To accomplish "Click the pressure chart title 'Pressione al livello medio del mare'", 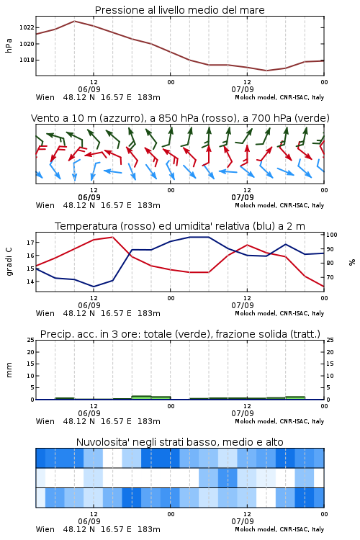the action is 179,10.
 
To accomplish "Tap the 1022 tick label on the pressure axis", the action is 27,27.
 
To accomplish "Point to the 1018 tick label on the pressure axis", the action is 27,60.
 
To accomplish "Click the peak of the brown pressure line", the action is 74,21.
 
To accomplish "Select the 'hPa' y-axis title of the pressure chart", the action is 9,45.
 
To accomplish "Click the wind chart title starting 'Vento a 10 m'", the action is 180,118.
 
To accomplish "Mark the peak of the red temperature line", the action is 112,237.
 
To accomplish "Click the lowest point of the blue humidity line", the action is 94,287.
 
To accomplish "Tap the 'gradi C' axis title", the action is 9,262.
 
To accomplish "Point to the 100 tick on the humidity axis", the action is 332,235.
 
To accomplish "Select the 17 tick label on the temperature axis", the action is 30,243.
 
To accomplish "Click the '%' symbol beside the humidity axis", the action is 352,262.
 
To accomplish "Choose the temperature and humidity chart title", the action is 180,226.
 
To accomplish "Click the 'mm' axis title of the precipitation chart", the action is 9,370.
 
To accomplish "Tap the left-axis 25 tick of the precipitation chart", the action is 31,340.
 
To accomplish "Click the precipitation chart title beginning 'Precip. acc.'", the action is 180,334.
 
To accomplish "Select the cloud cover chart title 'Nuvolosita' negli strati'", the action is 179,442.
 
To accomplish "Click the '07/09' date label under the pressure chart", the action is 243,89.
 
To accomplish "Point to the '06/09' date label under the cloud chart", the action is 89,521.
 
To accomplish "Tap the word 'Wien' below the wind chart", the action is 45,206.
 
